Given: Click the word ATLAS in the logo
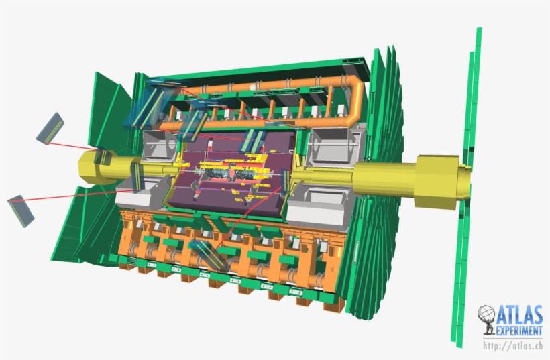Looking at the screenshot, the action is (x=520, y=315).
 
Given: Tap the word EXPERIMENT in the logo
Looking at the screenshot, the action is (x=519, y=331).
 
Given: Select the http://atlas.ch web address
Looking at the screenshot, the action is (x=513, y=345).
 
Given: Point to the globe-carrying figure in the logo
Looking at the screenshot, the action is (x=487, y=319).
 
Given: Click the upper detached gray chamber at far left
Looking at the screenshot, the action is (x=50, y=128).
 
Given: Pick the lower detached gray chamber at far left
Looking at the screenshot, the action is (x=21, y=211).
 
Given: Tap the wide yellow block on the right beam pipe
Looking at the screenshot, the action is (x=437, y=181).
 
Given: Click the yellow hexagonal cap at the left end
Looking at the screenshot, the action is (x=92, y=168).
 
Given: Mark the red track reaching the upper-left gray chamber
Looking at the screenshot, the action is (x=72, y=146).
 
